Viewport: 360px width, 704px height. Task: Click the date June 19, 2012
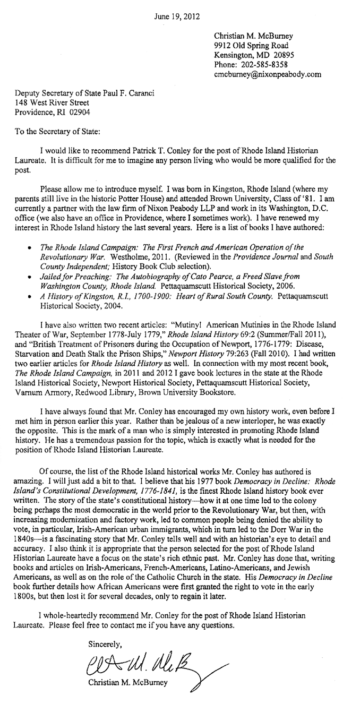177,16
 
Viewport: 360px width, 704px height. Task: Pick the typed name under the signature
127,683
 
